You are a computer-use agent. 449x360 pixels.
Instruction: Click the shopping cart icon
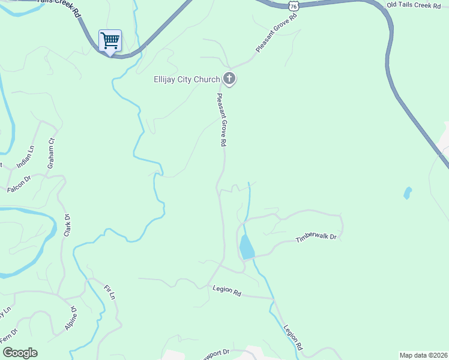[x=110, y=41]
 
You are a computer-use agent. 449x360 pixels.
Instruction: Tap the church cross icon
[x=229, y=79]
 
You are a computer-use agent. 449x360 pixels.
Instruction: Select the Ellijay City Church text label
[x=187, y=79]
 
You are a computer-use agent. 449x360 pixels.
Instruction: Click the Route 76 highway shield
[x=293, y=5]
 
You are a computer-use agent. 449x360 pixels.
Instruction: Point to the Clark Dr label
[x=67, y=225]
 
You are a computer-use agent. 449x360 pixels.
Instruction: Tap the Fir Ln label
[x=109, y=293]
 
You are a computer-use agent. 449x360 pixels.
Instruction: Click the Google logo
[x=20, y=353]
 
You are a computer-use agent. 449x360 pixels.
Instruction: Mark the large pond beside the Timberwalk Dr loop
[x=246, y=247]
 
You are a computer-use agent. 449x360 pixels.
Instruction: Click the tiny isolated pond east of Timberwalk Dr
[x=408, y=193]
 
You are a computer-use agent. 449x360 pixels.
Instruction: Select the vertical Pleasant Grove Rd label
[x=221, y=120]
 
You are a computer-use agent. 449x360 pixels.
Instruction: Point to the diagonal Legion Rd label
[x=293, y=338]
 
